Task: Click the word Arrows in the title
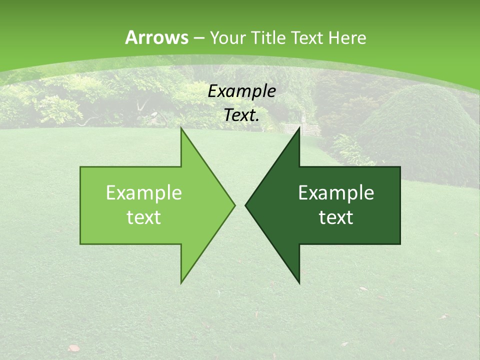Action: coord(157,37)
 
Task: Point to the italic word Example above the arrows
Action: coord(241,91)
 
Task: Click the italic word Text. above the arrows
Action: coord(241,115)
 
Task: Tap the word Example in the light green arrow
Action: coord(144,193)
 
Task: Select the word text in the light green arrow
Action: coord(144,218)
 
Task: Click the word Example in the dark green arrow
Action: coord(336,193)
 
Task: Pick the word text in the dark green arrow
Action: coord(336,218)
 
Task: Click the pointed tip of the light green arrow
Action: coord(234,205)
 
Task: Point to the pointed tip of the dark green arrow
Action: coord(246,205)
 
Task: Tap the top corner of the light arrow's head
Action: coord(181,129)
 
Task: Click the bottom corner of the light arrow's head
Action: coord(181,282)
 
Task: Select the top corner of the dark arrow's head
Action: coord(299,129)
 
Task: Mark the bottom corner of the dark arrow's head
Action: coord(299,282)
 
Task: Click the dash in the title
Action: coord(199,38)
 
